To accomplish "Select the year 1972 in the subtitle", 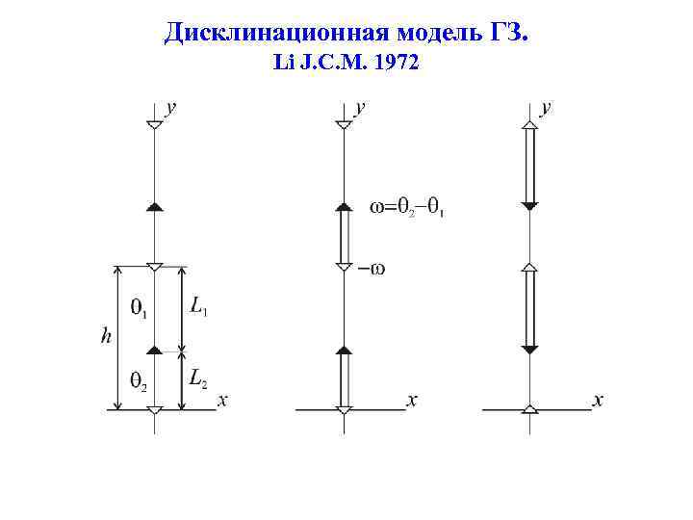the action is (396, 65).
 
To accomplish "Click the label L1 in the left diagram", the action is (199, 306).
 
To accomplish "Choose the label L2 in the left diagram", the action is (198, 378).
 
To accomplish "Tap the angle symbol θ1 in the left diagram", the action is (138, 308).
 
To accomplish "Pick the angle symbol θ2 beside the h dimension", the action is (138, 380).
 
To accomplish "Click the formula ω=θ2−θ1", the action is (406, 207).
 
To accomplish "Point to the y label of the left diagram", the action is (171, 108).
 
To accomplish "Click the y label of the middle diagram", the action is (360, 108).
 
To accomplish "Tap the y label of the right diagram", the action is (547, 108).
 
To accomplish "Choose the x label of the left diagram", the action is (222, 400).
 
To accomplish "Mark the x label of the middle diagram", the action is (412, 400).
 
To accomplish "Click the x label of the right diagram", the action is (598, 400).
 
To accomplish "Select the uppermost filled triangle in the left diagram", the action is (154, 206).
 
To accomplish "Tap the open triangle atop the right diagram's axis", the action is (529, 124).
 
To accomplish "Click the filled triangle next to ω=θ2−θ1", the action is (343, 206).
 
